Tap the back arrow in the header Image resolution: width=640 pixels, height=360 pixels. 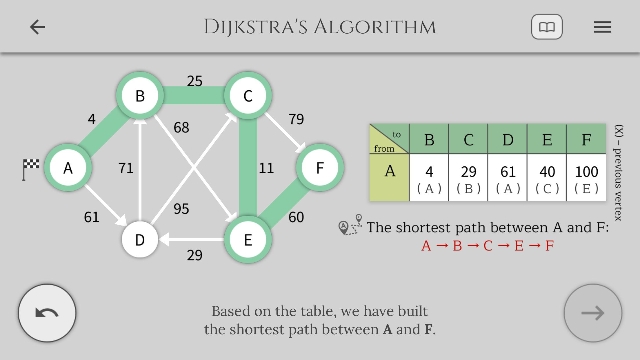[38, 27]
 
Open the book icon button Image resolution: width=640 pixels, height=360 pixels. [547, 27]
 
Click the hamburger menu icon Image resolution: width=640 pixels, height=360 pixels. [602, 27]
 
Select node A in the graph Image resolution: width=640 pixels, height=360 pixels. [68, 168]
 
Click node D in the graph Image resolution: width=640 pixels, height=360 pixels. [140, 240]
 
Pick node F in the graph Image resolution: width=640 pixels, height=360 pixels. [320, 168]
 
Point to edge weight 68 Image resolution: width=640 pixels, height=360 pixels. [181, 128]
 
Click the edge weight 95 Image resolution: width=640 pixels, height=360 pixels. [181, 209]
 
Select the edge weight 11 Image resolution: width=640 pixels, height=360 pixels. [266, 168]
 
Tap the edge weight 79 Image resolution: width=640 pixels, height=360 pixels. [296, 119]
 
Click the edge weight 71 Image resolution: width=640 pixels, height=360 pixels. [126, 168]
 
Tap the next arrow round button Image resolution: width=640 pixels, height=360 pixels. [593, 313]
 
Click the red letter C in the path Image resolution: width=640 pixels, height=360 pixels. [488, 246]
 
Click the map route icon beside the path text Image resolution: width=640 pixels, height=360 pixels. [350, 225]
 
